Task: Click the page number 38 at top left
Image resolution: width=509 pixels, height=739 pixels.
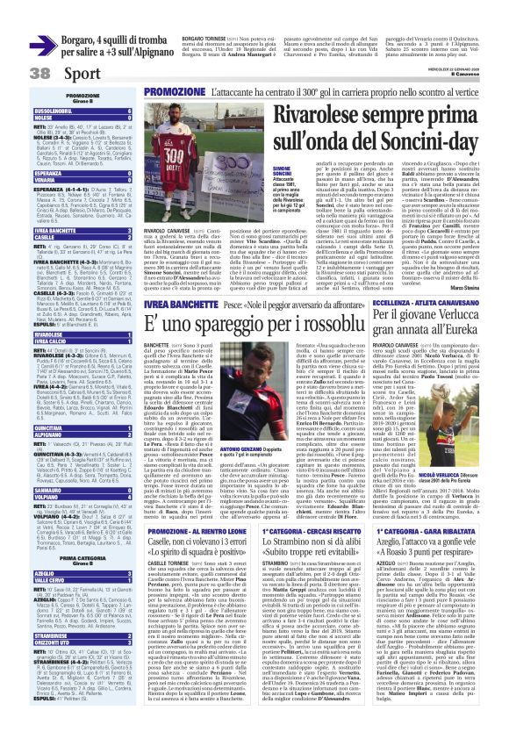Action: coord(17,74)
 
